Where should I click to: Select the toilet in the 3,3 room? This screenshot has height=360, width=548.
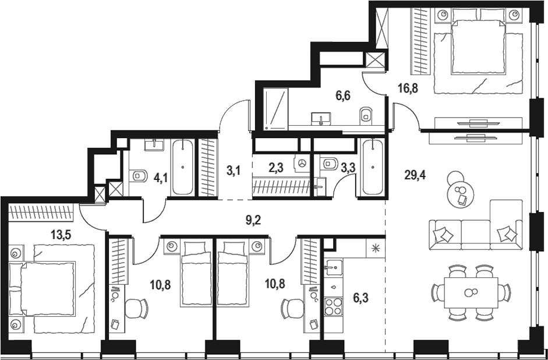click(330, 164)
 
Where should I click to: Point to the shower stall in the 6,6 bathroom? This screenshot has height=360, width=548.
click(276, 109)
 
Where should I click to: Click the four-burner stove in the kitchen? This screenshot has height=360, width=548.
click(334, 306)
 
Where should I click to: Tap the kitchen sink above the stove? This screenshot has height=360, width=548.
click(333, 269)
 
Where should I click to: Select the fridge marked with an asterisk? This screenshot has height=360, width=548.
click(374, 247)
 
